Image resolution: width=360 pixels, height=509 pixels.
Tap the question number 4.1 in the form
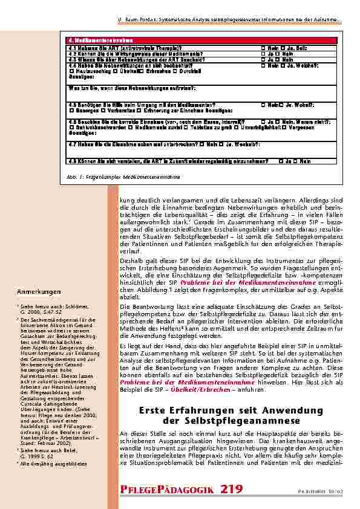[71, 47]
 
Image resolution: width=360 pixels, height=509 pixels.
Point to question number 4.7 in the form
[71, 144]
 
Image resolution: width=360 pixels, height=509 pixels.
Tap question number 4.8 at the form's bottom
[71, 161]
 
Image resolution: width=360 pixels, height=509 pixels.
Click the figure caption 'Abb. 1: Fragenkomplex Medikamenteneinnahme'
[122, 178]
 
